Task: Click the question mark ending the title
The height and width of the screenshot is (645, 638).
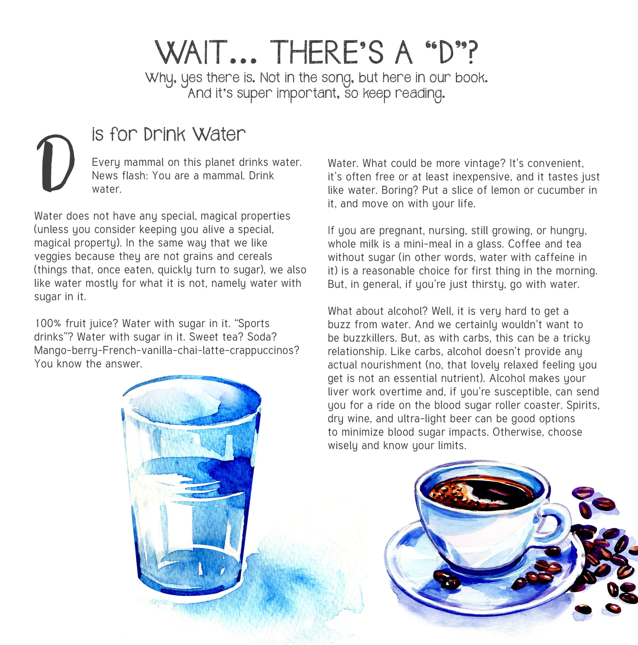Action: (x=471, y=52)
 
